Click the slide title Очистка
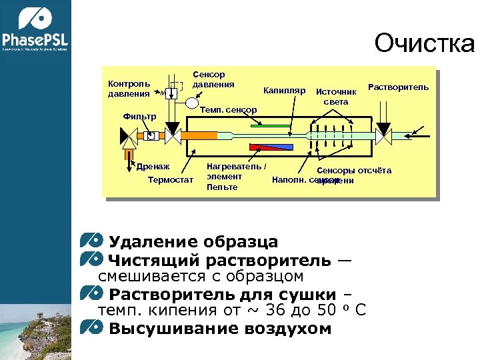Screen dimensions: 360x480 425,44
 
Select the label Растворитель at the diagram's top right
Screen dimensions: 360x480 399,87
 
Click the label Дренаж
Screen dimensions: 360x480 154,166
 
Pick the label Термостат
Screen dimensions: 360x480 170,179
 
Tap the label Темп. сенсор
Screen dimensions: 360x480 229,109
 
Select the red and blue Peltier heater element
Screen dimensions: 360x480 270,147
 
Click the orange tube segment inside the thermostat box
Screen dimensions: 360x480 200,135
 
